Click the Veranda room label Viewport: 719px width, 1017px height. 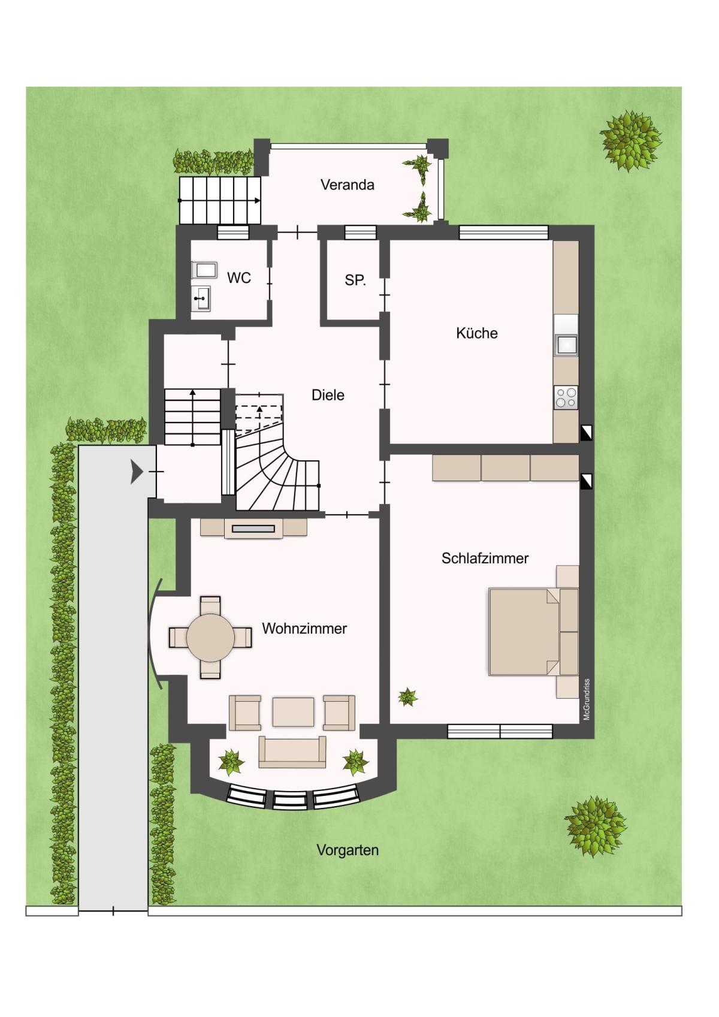click(348, 185)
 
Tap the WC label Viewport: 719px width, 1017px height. click(238, 277)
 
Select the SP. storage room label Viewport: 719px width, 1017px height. click(355, 280)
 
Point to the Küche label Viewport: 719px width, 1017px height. click(476, 333)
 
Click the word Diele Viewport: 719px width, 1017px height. click(328, 394)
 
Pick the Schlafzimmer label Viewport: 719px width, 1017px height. click(485, 558)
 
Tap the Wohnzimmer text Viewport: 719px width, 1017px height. click(304, 629)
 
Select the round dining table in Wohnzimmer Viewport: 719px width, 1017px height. click(211, 638)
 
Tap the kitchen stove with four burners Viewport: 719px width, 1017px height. click(566, 398)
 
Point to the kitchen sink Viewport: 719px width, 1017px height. click(566, 345)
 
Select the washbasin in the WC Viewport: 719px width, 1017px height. click(201, 298)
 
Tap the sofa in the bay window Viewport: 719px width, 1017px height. click(292, 752)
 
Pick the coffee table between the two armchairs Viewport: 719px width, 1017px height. click(293, 711)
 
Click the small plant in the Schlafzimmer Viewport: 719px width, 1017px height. click(407, 696)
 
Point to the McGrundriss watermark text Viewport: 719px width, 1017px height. click(587, 699)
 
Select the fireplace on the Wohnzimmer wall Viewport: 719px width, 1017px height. click(253, 529)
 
